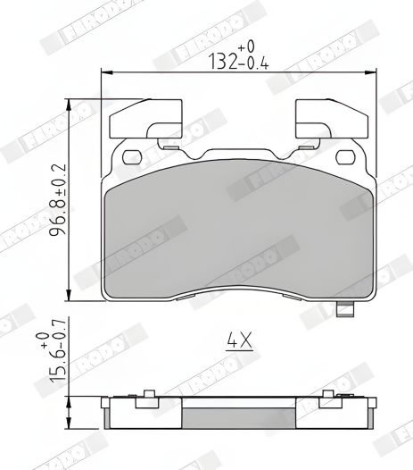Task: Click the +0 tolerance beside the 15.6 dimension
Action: click(42, 340)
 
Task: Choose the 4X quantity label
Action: click(236, 340)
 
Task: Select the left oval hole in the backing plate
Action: click(132, 159)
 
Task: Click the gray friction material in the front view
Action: click(237, 237)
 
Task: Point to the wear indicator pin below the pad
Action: click(344, 310)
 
